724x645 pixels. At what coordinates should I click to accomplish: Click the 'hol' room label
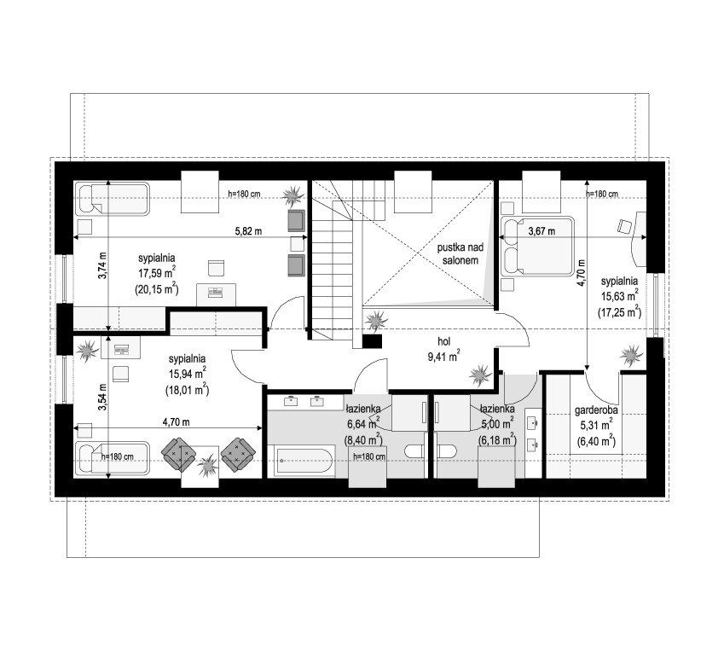[443, 341]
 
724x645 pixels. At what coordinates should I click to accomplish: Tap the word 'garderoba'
[596, 410]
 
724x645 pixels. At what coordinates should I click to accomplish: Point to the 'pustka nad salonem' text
[460, 253]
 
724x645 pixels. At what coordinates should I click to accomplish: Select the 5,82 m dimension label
[248, 231]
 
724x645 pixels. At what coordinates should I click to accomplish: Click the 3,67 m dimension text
[542, 231]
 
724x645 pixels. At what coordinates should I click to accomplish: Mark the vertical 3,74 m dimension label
[102, 265]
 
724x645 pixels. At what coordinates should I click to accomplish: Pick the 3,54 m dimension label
[102, 398]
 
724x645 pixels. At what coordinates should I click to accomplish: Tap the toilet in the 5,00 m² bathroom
[447, 451]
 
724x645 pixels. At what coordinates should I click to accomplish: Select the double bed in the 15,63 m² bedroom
[537, 247]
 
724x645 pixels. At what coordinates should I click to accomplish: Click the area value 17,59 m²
[157, 273]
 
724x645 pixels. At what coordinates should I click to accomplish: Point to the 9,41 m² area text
[443, 357]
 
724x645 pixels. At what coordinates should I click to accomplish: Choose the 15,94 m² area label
[187, 374]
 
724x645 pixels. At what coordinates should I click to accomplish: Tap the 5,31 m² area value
[596, 424]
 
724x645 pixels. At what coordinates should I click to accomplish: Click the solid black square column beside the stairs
[372, 341]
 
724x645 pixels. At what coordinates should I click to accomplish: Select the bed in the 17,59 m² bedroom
[113, 199]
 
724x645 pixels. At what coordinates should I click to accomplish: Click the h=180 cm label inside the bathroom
[369, 457]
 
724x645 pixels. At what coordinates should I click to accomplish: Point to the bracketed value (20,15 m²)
[157, 289]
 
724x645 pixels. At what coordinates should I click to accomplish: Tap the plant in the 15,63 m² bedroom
[631, 357]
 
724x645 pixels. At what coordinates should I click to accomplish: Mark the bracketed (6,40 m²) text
[596, 440]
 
